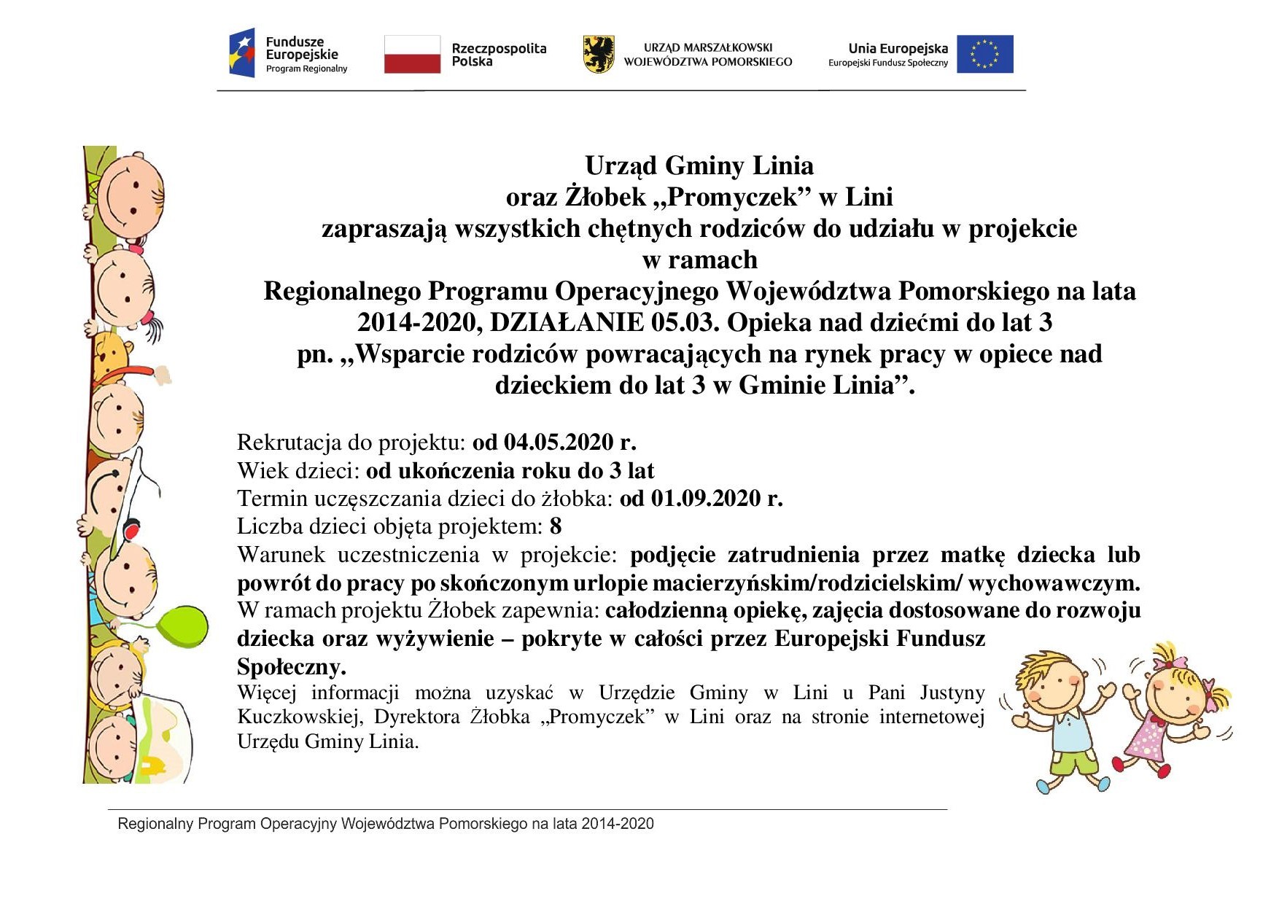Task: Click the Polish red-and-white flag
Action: (x=412, y=54)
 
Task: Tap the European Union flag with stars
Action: (x=984, y=54)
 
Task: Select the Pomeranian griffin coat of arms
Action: (x=599, y=54)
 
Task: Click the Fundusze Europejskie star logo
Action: (x=243, y=52)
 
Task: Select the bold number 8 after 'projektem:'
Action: (x=556, y=526)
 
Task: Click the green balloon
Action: (x=183, y=626)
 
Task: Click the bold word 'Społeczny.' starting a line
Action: (x=291, y=667)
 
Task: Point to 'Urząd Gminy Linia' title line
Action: (x=699, y=166)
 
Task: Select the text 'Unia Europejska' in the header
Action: (x=898, y=49)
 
